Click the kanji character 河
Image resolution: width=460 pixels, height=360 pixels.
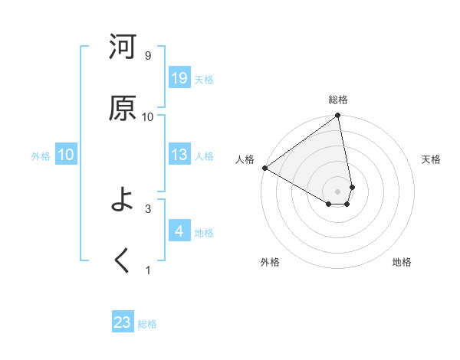tap(123, 47)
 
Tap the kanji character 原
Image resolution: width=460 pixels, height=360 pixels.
tap(123, 108)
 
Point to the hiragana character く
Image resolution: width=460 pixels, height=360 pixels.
tap(123, 260)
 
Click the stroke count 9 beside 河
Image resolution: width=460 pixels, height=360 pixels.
tap(147, 56)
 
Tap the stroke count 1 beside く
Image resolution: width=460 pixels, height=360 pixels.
tap(147, 270)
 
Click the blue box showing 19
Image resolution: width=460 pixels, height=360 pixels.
tap(179, 78)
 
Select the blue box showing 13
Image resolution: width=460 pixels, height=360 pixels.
tap(179, 155)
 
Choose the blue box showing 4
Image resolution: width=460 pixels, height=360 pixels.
tap(179, 231)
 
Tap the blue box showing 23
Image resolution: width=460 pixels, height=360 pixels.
tap(123, 322)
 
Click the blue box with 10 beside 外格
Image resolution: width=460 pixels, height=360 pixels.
tap(66, 155)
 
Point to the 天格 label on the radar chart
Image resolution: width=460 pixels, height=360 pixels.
tap(431, 159)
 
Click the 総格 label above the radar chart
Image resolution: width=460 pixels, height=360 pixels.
tap(338, 100)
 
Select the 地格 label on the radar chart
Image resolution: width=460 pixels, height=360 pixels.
tap(402, 262)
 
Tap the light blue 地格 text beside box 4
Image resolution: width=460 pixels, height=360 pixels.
tap(204, 232)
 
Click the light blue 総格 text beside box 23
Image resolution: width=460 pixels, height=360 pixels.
tap(147, 323)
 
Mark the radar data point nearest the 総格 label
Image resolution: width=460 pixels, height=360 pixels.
tap(338, 116)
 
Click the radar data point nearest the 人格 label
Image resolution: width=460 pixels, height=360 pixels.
tap(264, 168)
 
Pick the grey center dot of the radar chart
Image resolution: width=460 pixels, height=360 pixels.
tap(338, 191)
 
